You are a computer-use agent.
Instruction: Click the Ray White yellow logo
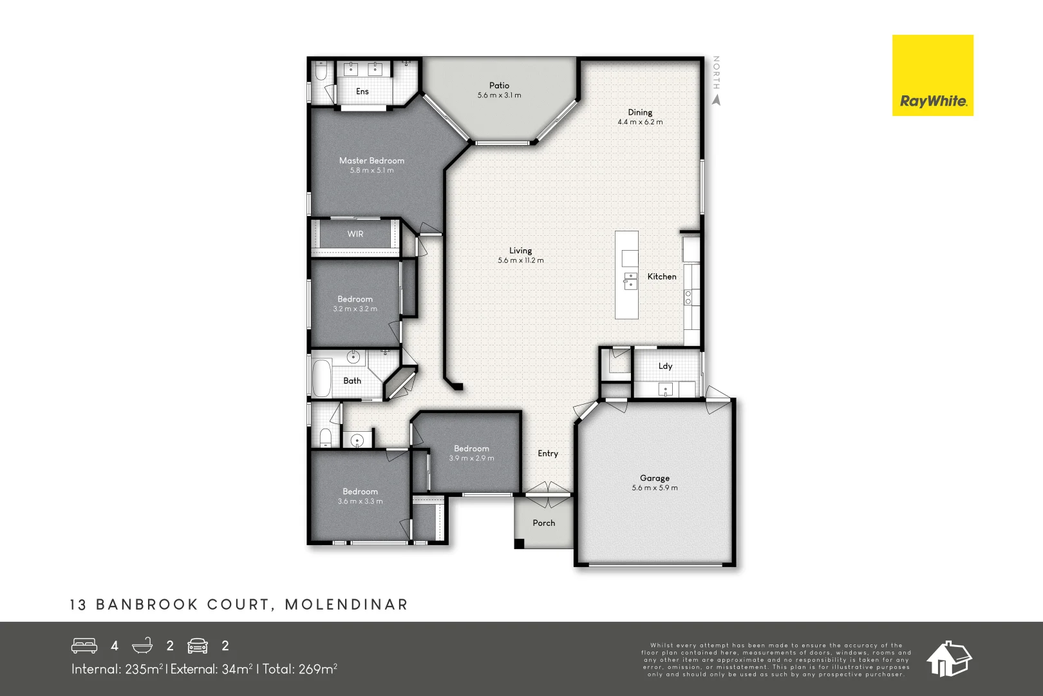click(x=932, y=75)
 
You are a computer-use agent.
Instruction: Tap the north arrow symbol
click(x=717, y=100)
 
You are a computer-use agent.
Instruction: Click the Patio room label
click(x=499, y=85)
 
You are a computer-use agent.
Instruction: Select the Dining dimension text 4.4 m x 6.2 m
click(x=640, y=122)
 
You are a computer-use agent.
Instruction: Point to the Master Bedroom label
click(x=371, y=160)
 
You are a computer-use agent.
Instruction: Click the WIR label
click(x=355, y=234)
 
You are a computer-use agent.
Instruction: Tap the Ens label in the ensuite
click(x=362, y=92)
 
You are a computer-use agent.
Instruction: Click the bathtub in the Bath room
click(x=321, y=378)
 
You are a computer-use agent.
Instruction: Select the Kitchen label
click(x=662, y=276)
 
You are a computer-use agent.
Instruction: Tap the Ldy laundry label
click(x=665, y=366)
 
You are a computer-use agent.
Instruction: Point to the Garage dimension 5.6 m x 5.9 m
click(x=655, y=488)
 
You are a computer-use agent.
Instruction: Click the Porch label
click(x=543, y=523)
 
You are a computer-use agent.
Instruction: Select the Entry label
click(x=548, y=454)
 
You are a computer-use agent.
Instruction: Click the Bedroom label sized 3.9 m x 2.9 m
click(x=471, y=449)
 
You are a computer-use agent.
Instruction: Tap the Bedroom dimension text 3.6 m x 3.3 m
click(x=360, y=501)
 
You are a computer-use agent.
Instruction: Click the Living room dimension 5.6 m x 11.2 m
click(x=520, y=260)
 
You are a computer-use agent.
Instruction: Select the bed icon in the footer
click(x=84, y=646)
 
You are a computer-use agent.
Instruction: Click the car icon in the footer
click(x=198, y=646)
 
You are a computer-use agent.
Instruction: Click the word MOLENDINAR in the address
click(x=346, y=604)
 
